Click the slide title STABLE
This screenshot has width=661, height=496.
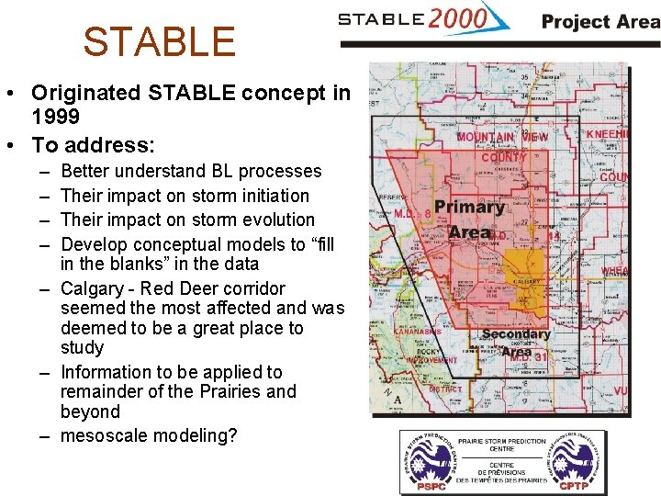[x=159, y=42]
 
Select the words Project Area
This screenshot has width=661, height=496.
[x=599, y=21]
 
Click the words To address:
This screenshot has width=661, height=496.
[x=93, y=145]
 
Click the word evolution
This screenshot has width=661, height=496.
[x=265, y=220]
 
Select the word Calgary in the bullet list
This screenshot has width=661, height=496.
[x=94, y=288]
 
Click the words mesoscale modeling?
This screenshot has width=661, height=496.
[x=148, y=435]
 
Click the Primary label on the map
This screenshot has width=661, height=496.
[x=468, y=208]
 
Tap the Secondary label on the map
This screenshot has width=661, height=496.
[x=515, y=335]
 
